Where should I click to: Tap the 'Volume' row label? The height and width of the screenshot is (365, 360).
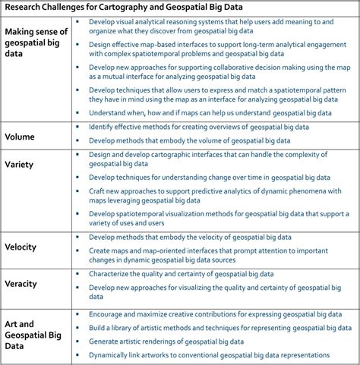[x=23, y=137]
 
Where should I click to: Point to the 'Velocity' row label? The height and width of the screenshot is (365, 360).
[x=24, y=247]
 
